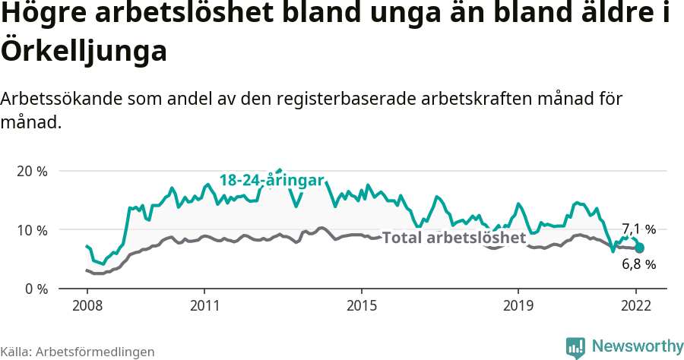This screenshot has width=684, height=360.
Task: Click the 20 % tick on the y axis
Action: tap(31, 171)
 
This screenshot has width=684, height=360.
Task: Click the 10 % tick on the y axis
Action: tap(31, 230)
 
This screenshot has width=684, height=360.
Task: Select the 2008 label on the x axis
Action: tap(87, 307)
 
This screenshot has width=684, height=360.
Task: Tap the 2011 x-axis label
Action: tap(204, 307)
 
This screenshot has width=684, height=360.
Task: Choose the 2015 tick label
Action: tap(361, 307)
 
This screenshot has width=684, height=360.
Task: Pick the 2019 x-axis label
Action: tap(518, 307)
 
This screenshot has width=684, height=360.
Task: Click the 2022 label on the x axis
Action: tap(636, 307)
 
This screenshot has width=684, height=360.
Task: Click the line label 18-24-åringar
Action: tap(272, 180)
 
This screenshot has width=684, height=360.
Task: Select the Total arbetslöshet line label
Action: tap(454, 238)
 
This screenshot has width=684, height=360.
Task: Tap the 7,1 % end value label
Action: tap(638, 229)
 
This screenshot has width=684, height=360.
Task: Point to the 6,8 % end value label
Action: tap(638, 264)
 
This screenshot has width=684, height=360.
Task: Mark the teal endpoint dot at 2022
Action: tap(640, 248)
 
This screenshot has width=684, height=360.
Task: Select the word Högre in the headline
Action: tap(44, 15)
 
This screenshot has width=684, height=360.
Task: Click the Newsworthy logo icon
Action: tap(576, 346)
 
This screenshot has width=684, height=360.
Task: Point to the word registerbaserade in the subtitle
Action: tap(359, 99)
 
